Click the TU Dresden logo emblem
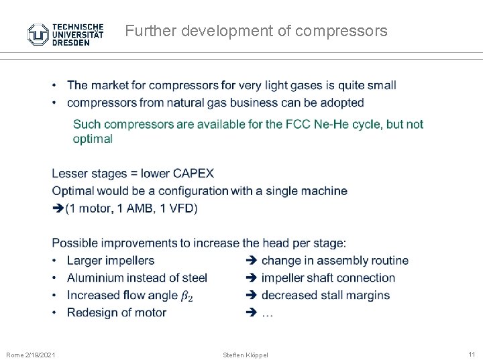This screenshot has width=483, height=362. click(x=37, y=34)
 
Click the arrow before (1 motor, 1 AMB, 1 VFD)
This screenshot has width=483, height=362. click(x=58, y=208)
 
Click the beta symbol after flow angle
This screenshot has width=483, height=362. click(x=186, y=296)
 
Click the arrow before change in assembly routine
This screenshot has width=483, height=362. click(x=252, y=260)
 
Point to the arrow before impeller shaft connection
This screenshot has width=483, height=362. click(x=252, y=278)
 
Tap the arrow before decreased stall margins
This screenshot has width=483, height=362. click(x=252, y=295)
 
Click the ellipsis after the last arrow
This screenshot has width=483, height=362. click(x=267, y=313)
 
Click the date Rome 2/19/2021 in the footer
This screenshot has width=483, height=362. click(x=31, y=354)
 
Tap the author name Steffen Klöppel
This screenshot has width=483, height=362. click(x=245, y=354)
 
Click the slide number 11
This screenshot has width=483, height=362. click(x=470, y=353)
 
